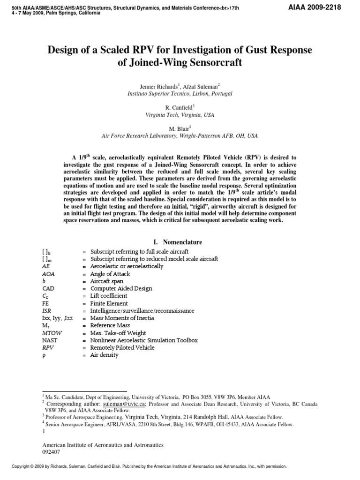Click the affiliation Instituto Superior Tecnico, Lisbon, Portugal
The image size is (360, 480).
pyautogui.click(x=180, y=94)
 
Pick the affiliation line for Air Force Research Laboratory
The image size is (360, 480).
pyautogui.click(x=180, y=136)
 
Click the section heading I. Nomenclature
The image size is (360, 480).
pyautogui.click(x=178, y=242)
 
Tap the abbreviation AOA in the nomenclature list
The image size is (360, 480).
pyautogui.click(x=48, y=274)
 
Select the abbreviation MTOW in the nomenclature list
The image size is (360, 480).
pyautogui.click(x=51, y=333)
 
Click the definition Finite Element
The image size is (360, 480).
pyautogui.click(x=109, y=303)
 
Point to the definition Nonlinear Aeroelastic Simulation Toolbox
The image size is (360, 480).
pyautogui.click(x=144, y=340)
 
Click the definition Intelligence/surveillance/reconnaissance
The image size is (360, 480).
pyautogui.click(x=142, y=311)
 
